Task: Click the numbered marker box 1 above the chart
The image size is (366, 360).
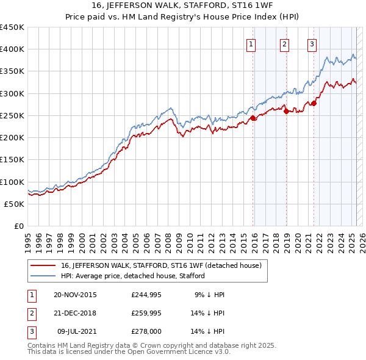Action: tap(251, 43)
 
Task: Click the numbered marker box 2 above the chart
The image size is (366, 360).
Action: tap(284, 43)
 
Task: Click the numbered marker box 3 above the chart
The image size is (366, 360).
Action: tap(312, 43)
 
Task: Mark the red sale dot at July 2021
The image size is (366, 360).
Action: tap(314, 103)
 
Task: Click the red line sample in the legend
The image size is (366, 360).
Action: tap(43, 265)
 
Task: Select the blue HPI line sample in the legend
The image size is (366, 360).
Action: tap(43, 276)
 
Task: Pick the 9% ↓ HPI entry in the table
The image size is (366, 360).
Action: tap(210, 295)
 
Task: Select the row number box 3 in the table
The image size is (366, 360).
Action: tap(31, 331)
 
